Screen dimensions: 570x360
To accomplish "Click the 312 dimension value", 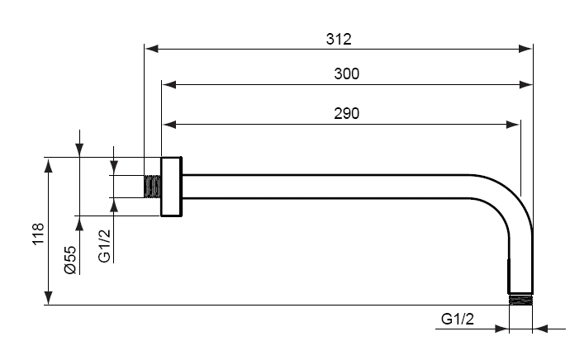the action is pyautogui.click(x=339, y=40).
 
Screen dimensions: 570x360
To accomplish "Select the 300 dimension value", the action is pyautogui.click(x=346, y=74).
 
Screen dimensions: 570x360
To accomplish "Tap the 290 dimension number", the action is pyautogui.click(x=346, y=114).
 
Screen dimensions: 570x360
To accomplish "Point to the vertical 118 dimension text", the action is pyautogui.click(x=38, y=234).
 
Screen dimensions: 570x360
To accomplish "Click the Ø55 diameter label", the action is pyautogui.click(x=69, y=260).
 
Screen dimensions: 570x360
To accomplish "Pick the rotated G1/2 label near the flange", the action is pyautogui.click(x=104, y=246).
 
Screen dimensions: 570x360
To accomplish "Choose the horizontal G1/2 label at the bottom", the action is pyautogui.click(x=458, y=319).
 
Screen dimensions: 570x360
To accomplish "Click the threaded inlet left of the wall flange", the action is pyautogui.click(x=153, y=187).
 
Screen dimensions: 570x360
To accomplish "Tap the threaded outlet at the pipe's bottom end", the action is pyautogui.click(x=520, y=300).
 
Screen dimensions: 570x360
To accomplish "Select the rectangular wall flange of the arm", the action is pyautogui.click(x=171, y=187).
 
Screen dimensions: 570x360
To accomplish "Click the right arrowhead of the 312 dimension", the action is pyautogui.click(x=525, y=49).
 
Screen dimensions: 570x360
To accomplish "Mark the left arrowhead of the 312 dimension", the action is pyautogui.click(x=152, y=49).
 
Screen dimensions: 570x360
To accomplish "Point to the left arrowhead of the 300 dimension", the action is pyautogui.click(x=169, y=85).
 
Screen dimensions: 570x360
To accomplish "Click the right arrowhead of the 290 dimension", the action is pyautogui.click(x=513, y=125).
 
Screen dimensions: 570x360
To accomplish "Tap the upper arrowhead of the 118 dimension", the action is pyautogui.click(x=49, y=164).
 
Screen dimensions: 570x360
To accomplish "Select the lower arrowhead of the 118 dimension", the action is pyautogui.click(x=49, y=298).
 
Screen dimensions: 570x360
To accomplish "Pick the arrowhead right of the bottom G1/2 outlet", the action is pyautogui.click(x=540, y=329).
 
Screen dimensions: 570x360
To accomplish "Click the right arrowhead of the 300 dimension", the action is pyautogui.click(x=525, y=85).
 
